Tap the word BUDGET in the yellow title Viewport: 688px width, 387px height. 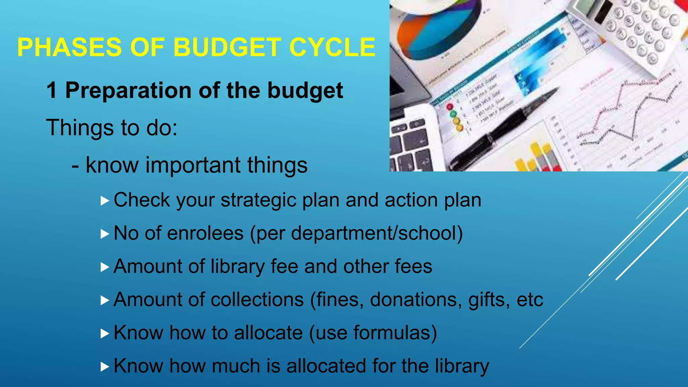pos(227,47)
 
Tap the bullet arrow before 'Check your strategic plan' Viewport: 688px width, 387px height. pos(105,201)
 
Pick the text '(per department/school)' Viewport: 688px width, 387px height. pos(356,233)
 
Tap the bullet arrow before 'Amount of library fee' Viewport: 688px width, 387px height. pos(105,267)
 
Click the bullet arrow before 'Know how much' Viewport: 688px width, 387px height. pos(105,367)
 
